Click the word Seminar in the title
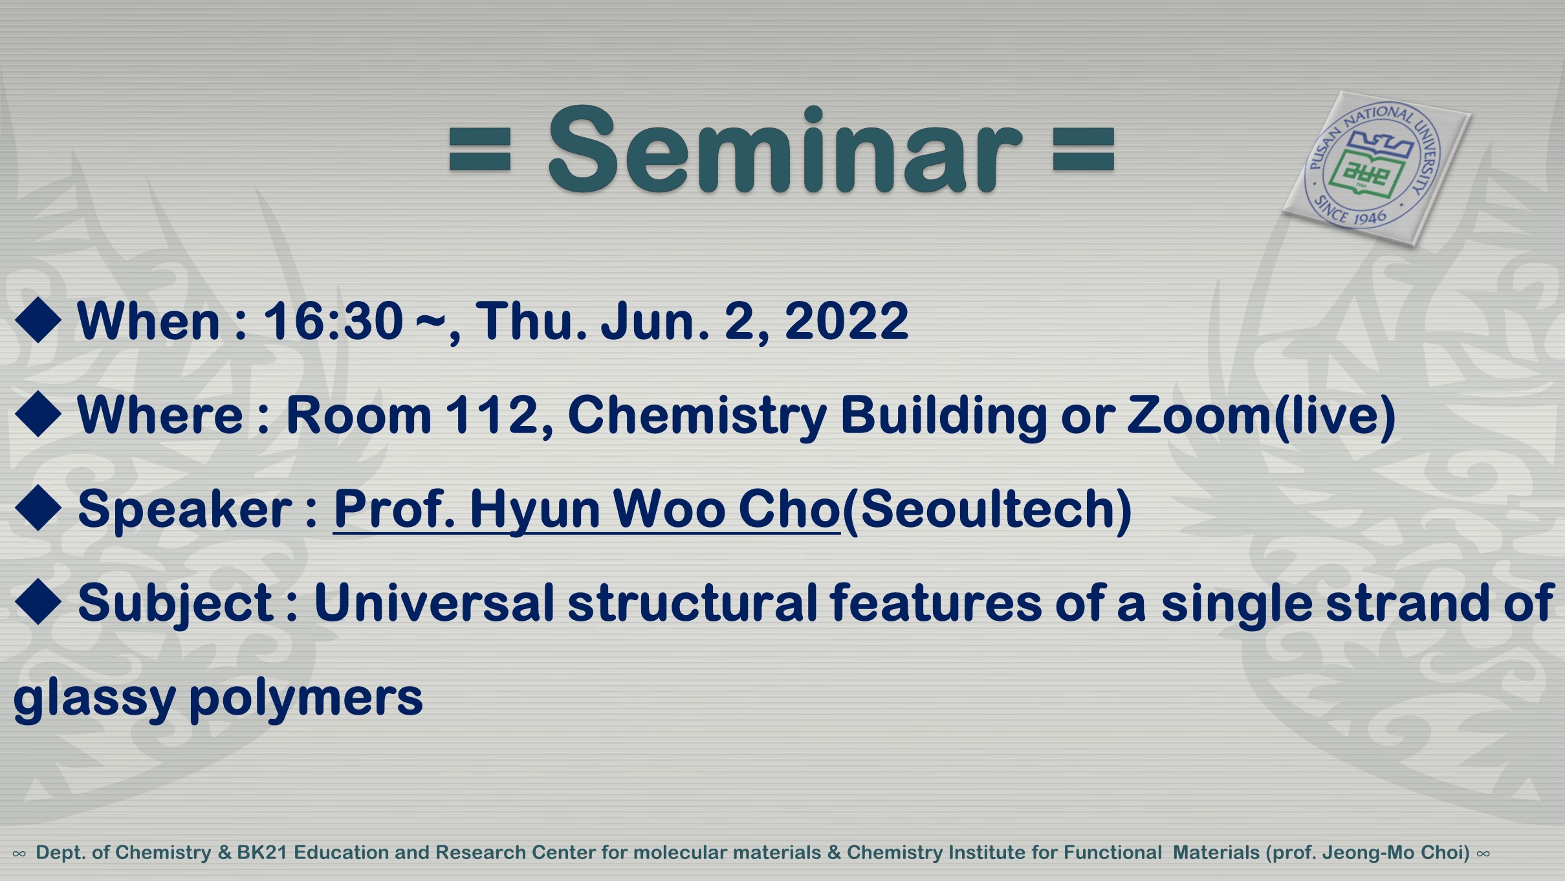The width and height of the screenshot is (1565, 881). (785, 149)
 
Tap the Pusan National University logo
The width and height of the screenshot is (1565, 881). (1376, 168)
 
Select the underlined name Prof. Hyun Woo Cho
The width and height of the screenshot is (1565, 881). (587, 509)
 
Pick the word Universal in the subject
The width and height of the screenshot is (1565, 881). (434, 603)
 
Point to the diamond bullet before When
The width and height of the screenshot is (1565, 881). (38, 320)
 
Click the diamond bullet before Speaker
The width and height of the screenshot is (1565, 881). (38, 508)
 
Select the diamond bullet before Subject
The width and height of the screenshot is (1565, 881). (38, 602)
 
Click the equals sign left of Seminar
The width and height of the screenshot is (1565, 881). (480, 150)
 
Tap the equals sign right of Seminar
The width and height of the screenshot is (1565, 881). (1084, 150)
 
